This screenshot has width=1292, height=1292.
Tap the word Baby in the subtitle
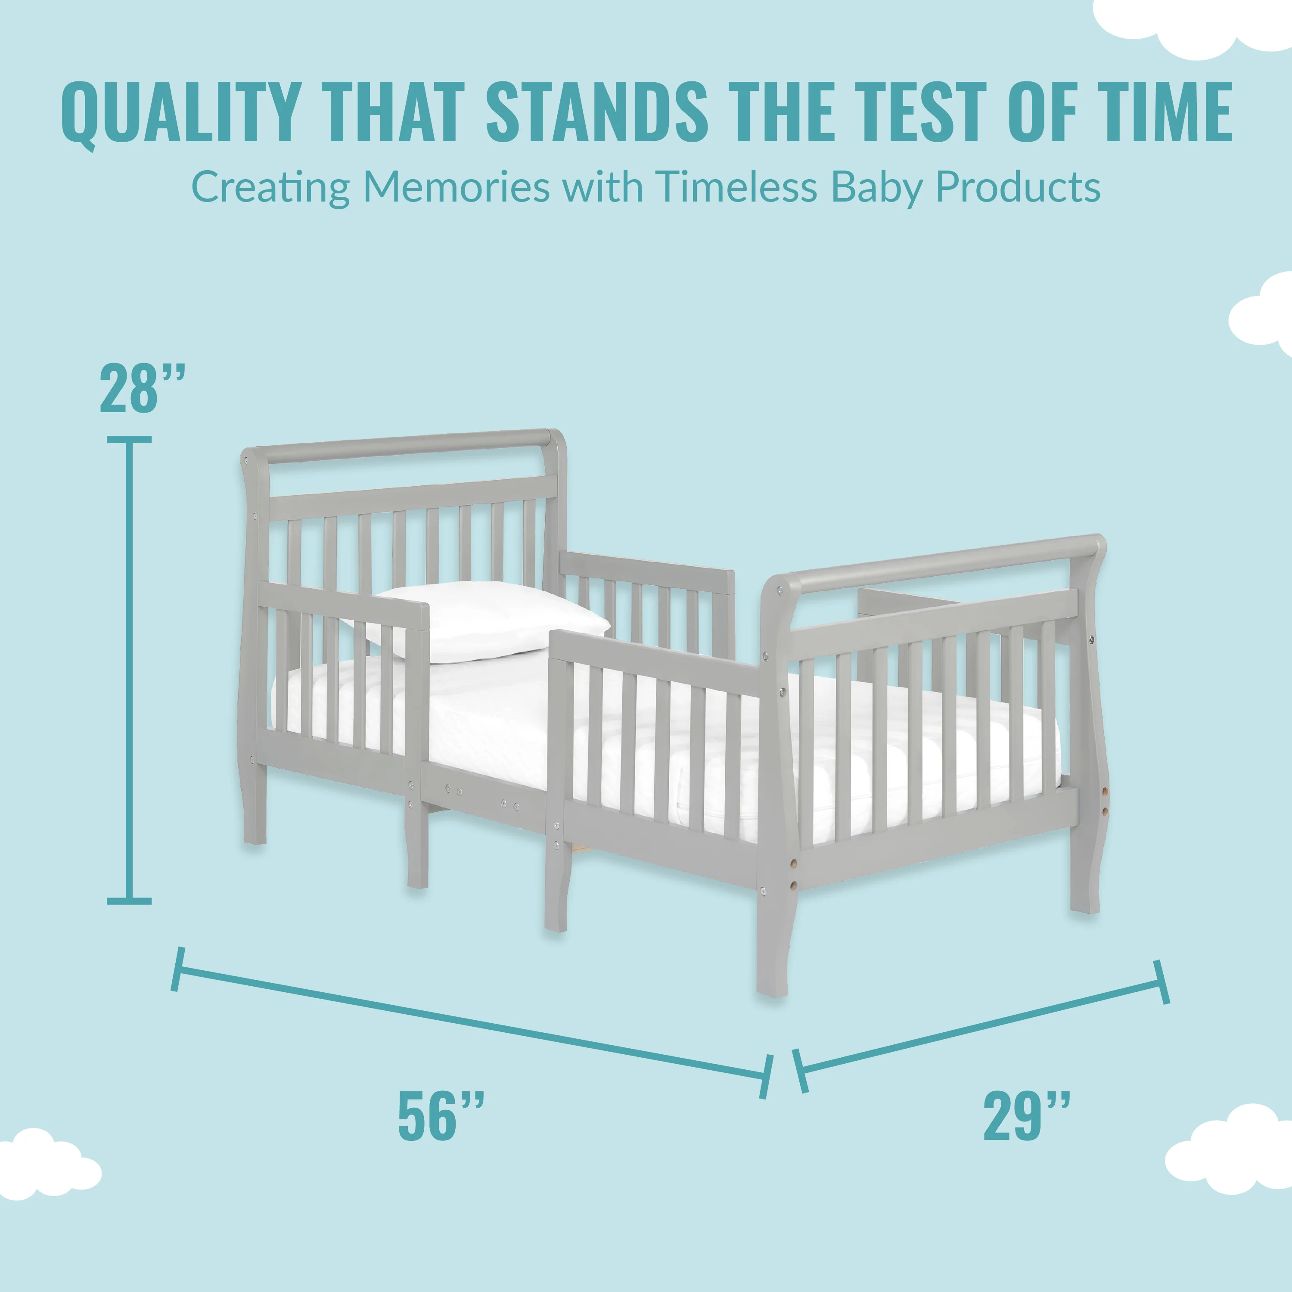(x=877, y=188)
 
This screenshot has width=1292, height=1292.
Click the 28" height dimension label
(x=142, y=388)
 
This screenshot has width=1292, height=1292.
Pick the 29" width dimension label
(x=1027, y=1115)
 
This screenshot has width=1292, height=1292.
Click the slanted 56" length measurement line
(x=472, y=1022)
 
